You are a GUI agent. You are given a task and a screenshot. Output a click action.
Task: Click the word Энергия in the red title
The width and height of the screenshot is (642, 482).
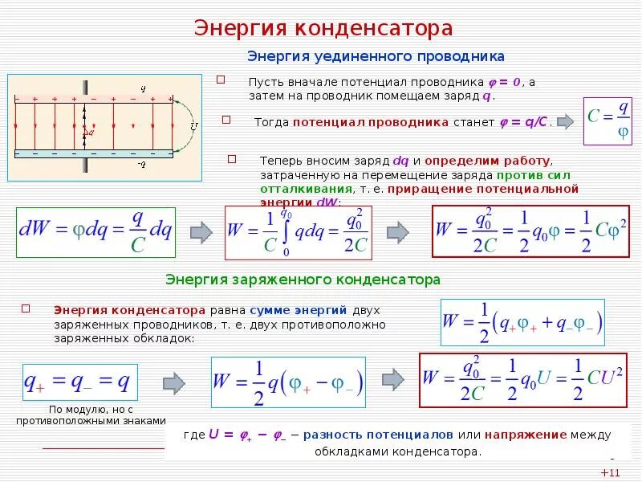[x=230, y=29]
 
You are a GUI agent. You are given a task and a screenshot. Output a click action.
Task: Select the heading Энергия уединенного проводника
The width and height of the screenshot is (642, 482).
[x=376, y=56]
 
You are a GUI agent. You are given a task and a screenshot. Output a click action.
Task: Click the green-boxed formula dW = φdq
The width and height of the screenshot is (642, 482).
[x=95, y=233]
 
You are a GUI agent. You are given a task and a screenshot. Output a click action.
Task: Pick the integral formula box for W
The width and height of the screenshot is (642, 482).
[x=299, y=231]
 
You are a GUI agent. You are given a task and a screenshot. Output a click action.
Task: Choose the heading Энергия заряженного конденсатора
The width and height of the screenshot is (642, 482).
[x=303, y=280]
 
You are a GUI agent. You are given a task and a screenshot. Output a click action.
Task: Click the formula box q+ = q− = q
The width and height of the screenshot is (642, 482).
[x=77, y=382]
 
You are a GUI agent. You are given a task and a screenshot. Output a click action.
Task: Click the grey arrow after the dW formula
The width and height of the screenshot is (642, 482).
[x=201, y=232]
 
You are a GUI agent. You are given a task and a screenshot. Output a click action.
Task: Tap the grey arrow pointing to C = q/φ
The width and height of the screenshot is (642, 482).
[x=565, y=122]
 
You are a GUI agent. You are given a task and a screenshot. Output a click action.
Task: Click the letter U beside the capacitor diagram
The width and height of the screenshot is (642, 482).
[x=193, y=126]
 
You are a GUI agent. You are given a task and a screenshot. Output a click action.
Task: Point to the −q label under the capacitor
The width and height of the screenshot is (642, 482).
[x=141, y=164]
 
